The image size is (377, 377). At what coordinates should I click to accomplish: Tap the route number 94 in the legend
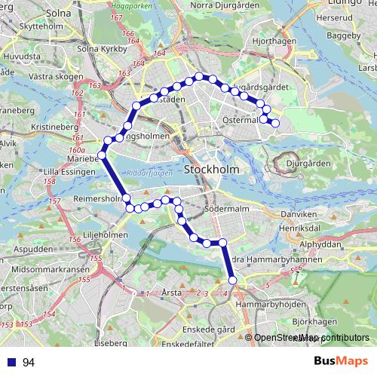coord(29,363)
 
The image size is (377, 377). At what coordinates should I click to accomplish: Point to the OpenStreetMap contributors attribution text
coord(311,338)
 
